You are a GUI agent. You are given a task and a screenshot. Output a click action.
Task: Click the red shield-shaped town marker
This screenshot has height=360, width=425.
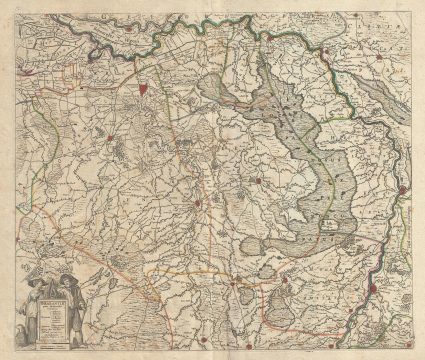click(x=147, y=88)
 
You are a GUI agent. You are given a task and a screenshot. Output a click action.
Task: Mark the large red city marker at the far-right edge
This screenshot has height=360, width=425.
click(x=403, y=189)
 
